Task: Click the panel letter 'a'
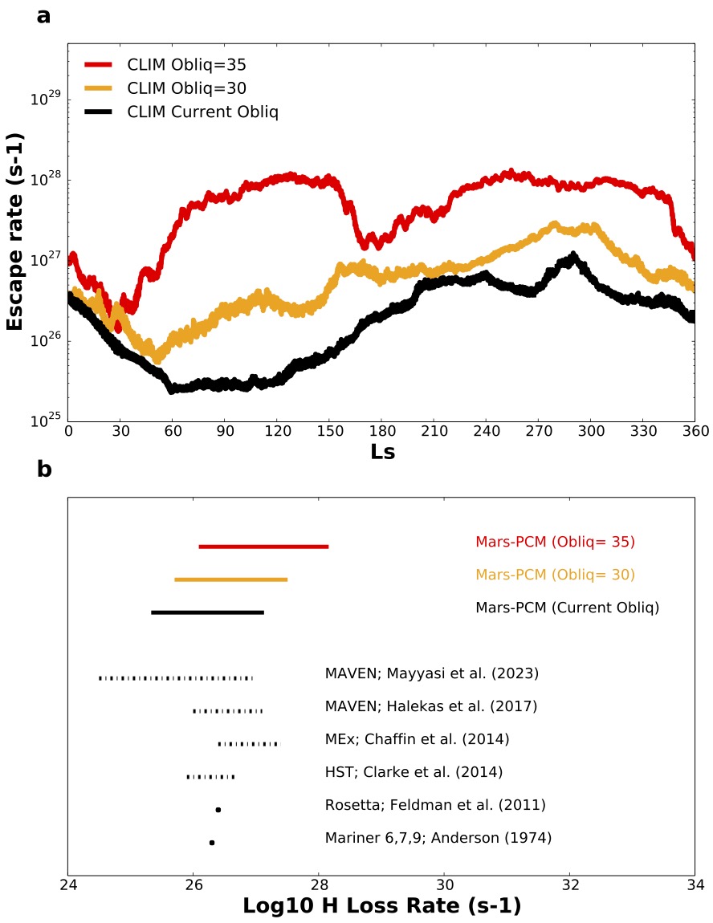coord(43,14)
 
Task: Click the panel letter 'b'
coord(44,469)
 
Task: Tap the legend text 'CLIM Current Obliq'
coord(202,112)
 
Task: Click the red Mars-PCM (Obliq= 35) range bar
coord(263,547)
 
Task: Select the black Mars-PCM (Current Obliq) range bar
coord(207,612)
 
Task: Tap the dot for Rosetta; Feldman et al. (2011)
coord(218,810)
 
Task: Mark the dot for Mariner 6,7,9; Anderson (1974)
coord(212,843)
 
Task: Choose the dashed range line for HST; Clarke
coord(210,777)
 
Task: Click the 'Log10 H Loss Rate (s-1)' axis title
coord(381,906)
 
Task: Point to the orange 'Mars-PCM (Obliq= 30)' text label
coord(555,575)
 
